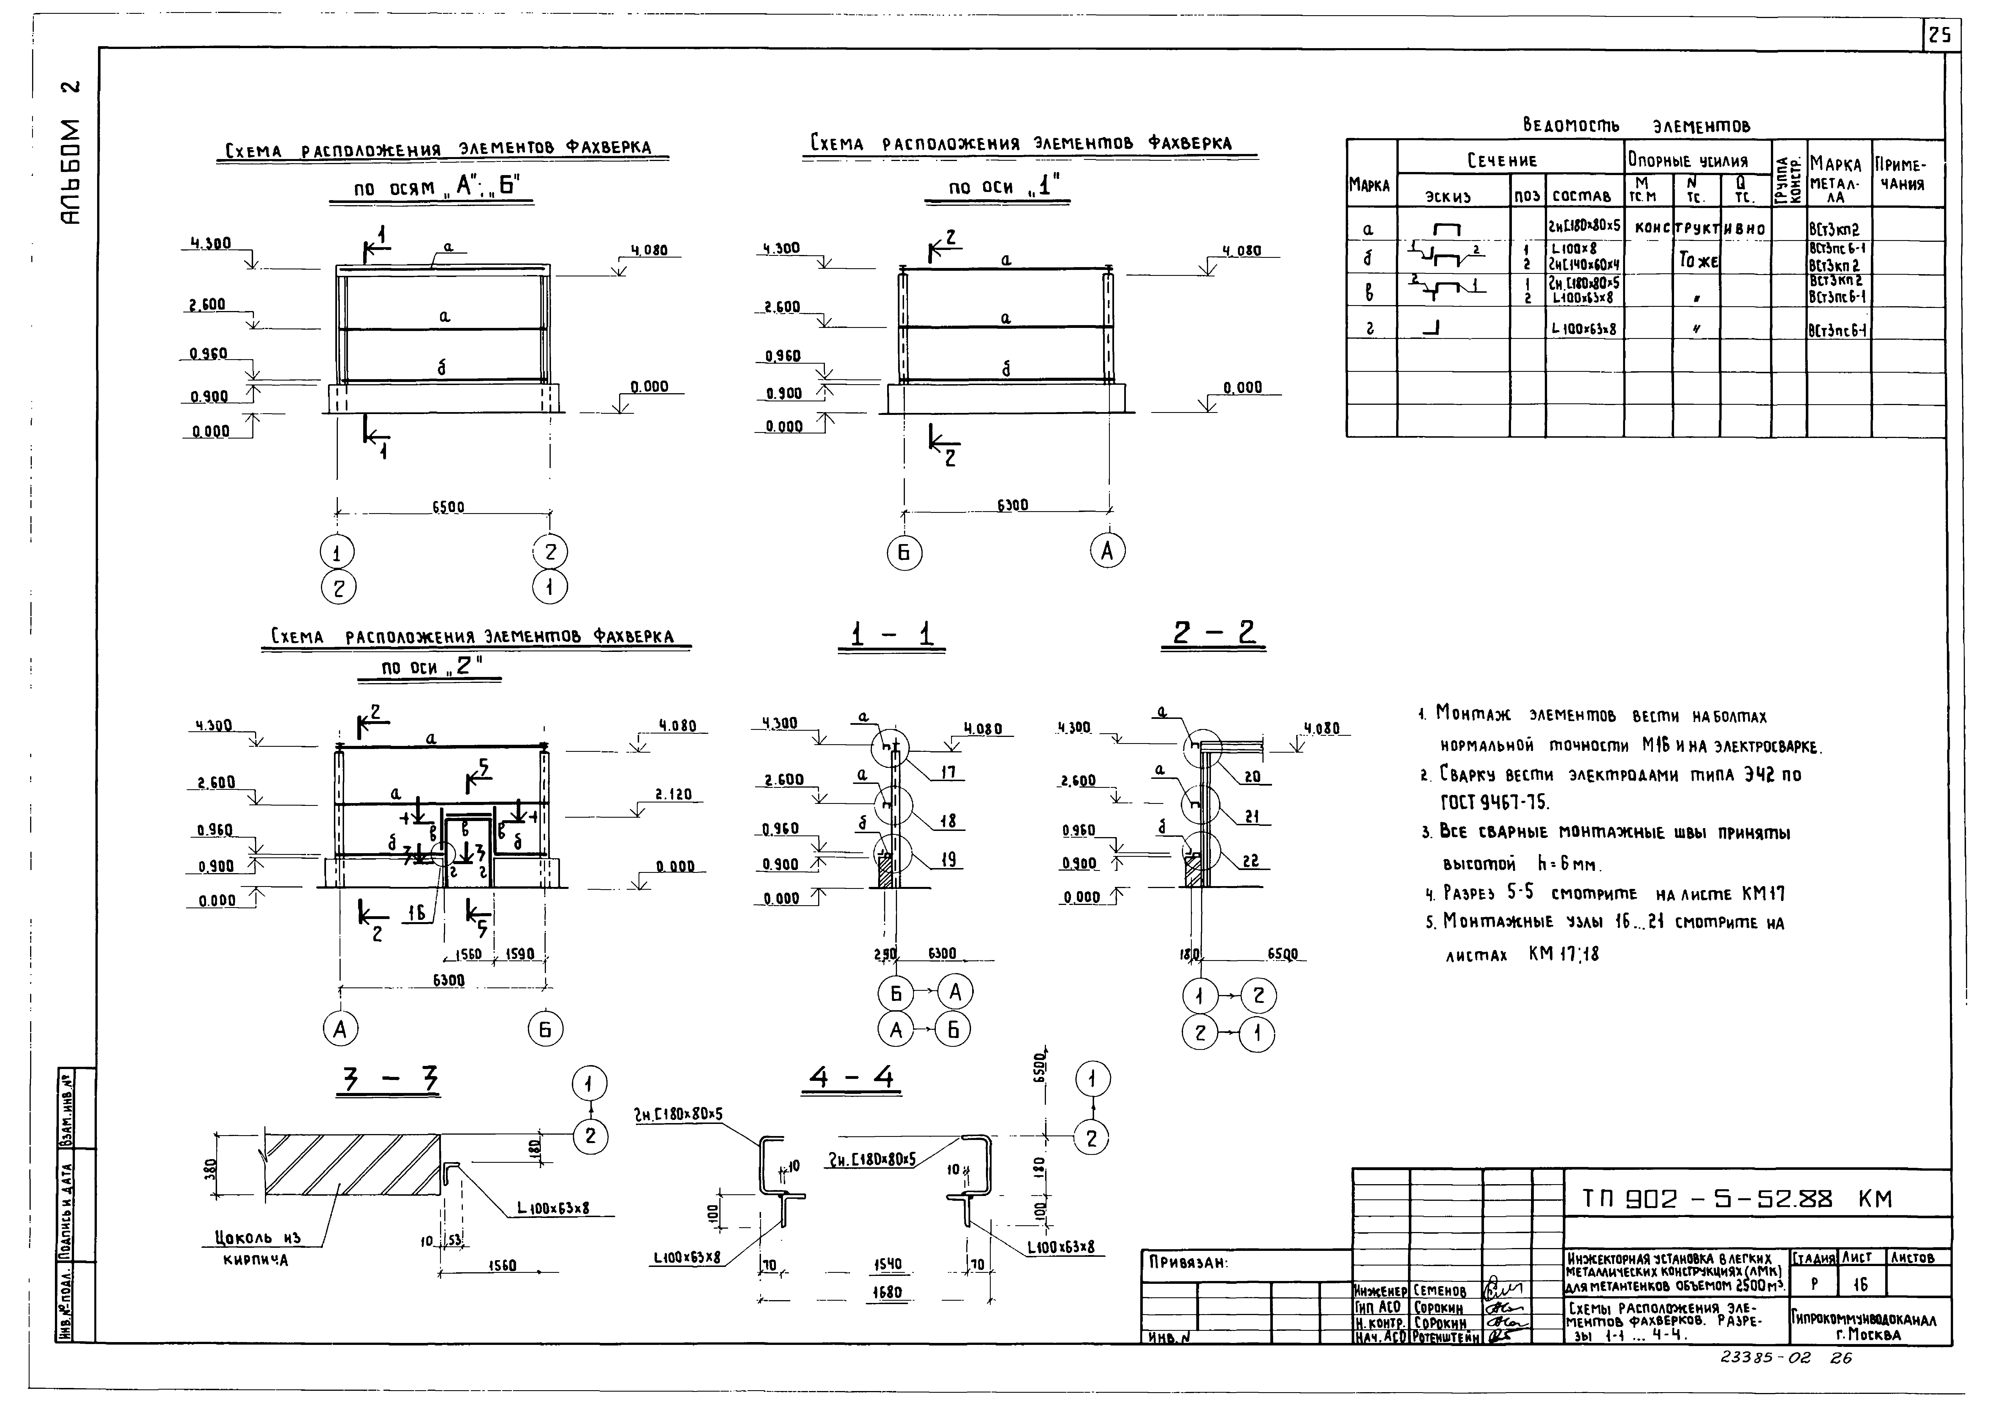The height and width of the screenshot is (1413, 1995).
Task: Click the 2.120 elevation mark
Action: [674, 794]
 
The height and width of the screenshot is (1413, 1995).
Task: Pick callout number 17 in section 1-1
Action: [948, 772]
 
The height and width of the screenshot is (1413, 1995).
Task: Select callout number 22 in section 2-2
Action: [1250, 861]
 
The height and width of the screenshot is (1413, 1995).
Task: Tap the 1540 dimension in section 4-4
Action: [888, 1265]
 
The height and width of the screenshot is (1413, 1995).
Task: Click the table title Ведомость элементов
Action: [1636, 126]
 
